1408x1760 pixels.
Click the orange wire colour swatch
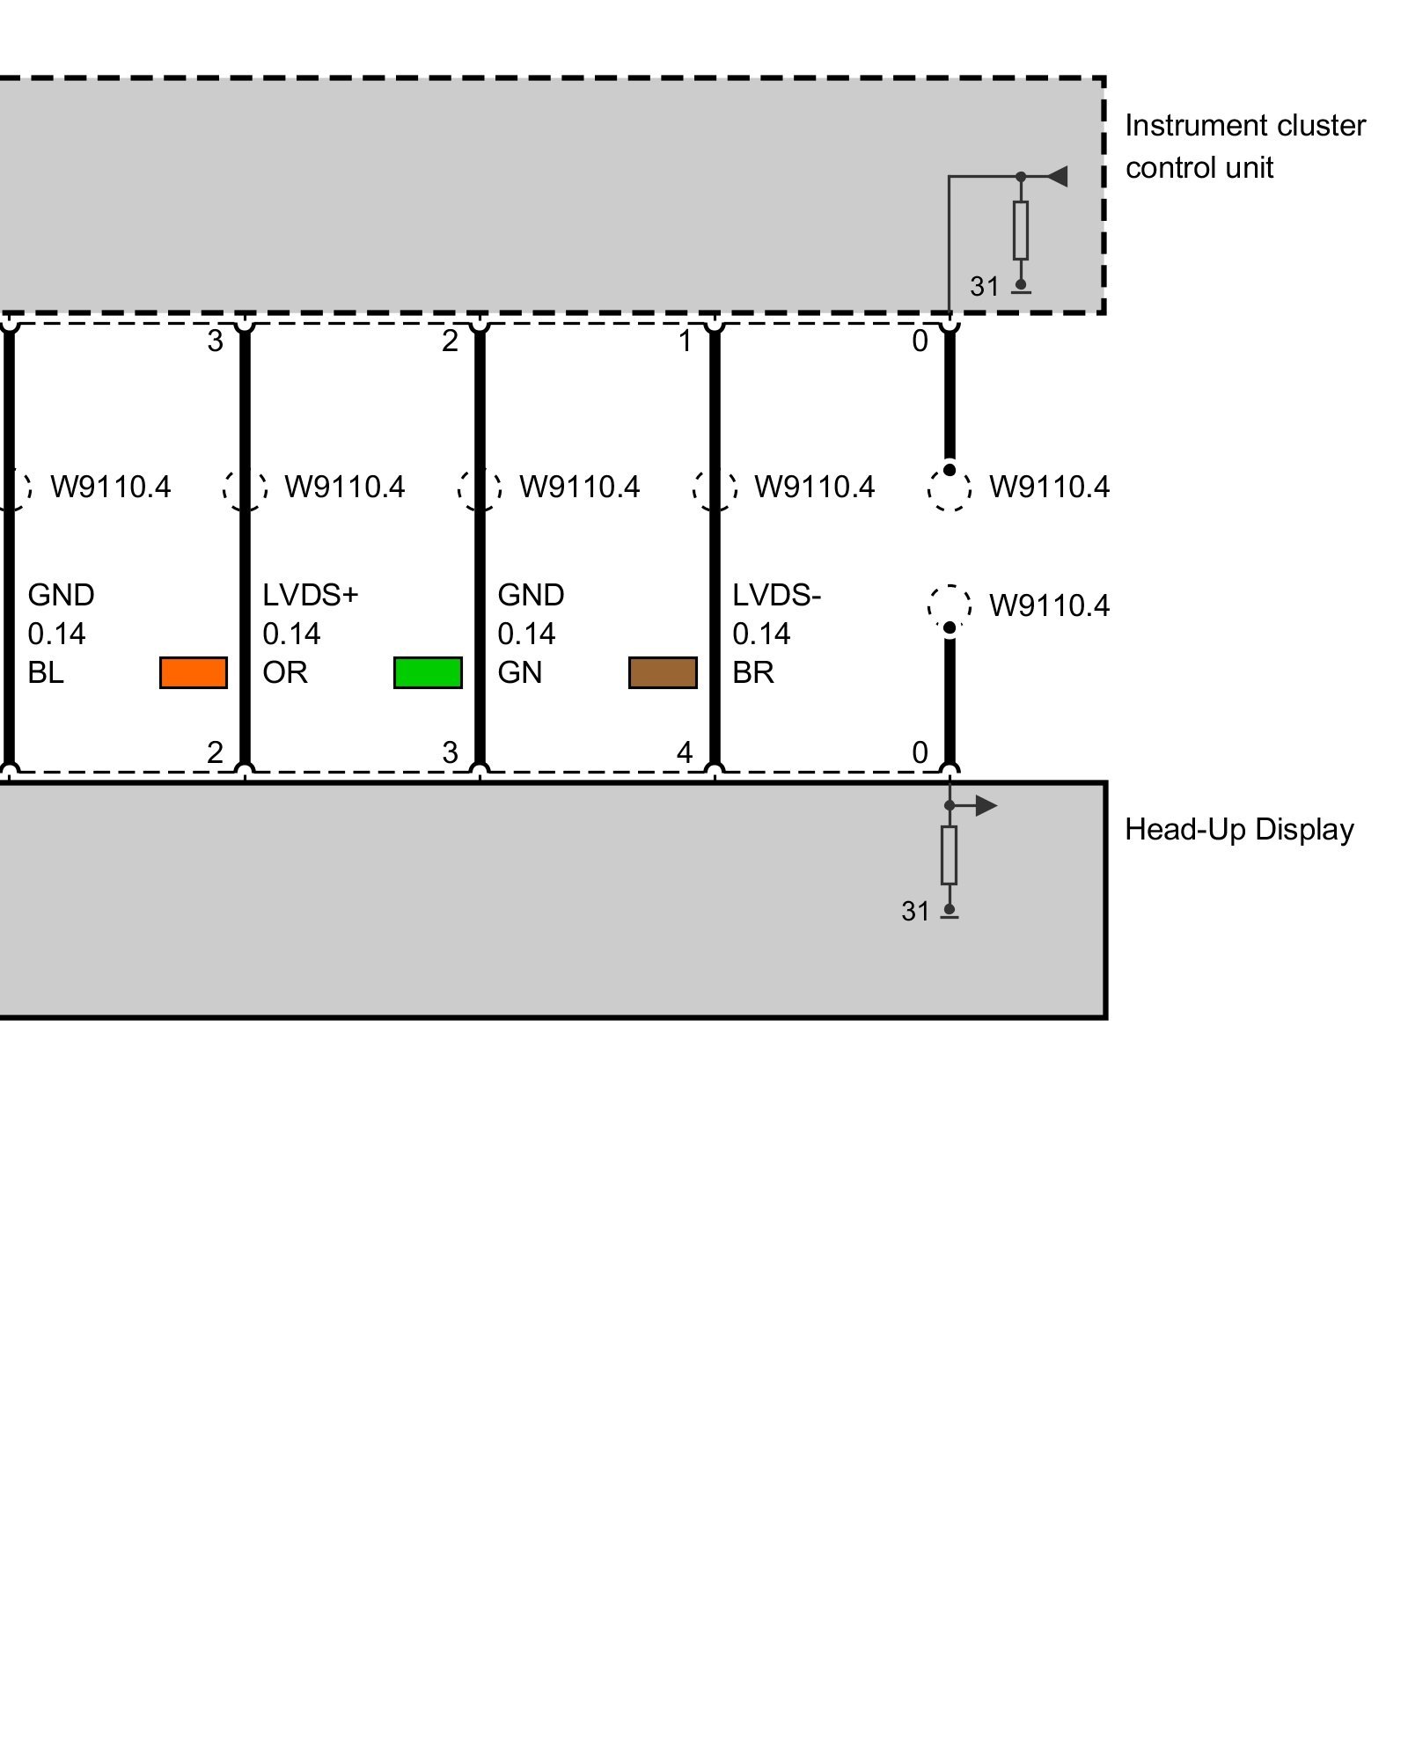point(193,672)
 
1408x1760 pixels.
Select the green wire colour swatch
point(428,672)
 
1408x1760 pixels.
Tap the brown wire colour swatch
point(663,672)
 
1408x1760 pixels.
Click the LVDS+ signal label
point(310,596)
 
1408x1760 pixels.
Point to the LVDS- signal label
point(776,596)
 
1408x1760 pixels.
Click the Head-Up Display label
point(1238,830)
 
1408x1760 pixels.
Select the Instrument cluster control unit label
point(1244,147)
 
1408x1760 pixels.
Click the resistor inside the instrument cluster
point(1020,230)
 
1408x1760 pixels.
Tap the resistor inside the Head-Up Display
point(949,854)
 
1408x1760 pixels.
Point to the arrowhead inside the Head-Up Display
point(986,805)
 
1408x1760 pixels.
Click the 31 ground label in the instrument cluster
point(985,287)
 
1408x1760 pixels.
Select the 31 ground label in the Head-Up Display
point(915,912)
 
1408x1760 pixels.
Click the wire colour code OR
point(285,673)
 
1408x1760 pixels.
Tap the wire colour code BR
point(753,673)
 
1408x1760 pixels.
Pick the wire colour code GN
point(519,673)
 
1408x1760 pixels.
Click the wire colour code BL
point(46,673)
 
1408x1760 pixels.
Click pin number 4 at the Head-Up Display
point(685,752)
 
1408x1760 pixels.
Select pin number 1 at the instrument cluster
point(685,341)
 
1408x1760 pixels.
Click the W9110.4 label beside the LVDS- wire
point(814,487)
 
